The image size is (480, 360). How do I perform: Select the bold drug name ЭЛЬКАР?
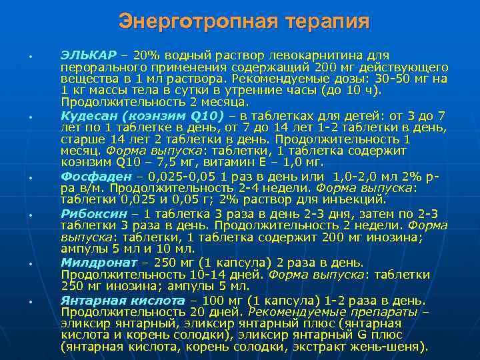click(89, 55)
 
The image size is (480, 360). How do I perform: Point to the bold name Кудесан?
click(92, 116)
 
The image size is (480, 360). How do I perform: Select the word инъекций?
click(357, 199)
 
